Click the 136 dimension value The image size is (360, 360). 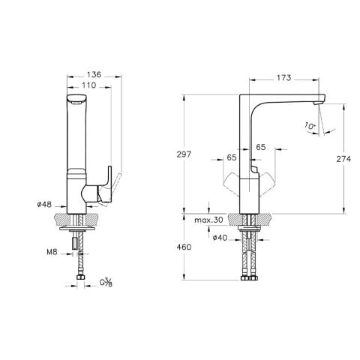tap(94, 75)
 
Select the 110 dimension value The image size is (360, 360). tap(88, 87)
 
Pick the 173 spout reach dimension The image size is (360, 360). tap(283, 77)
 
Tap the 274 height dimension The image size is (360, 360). tap(346, 160)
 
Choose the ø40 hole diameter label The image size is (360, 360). tap(220, 238)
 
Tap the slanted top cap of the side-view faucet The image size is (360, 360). tap(76, 100)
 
